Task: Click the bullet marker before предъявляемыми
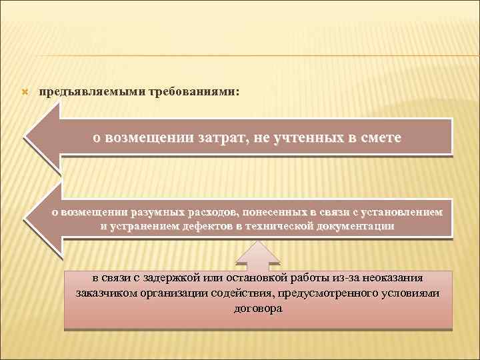click(x=26, y=91)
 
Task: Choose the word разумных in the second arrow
click(x=162, y=212)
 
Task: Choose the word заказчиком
click(x=105, y=293)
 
